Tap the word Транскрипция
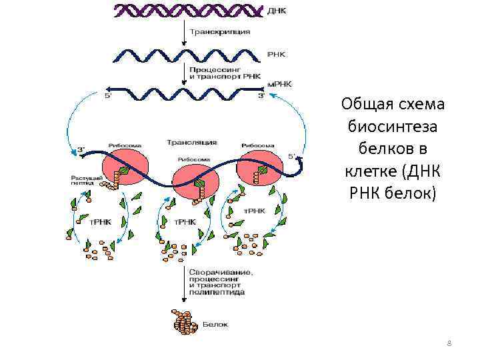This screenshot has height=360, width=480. pyautogui.click(x=221, y=32)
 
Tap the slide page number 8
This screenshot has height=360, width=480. pyautogui.click(x=449, y=343)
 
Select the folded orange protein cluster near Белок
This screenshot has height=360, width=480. pyautogui.click(x=186, y=323)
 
